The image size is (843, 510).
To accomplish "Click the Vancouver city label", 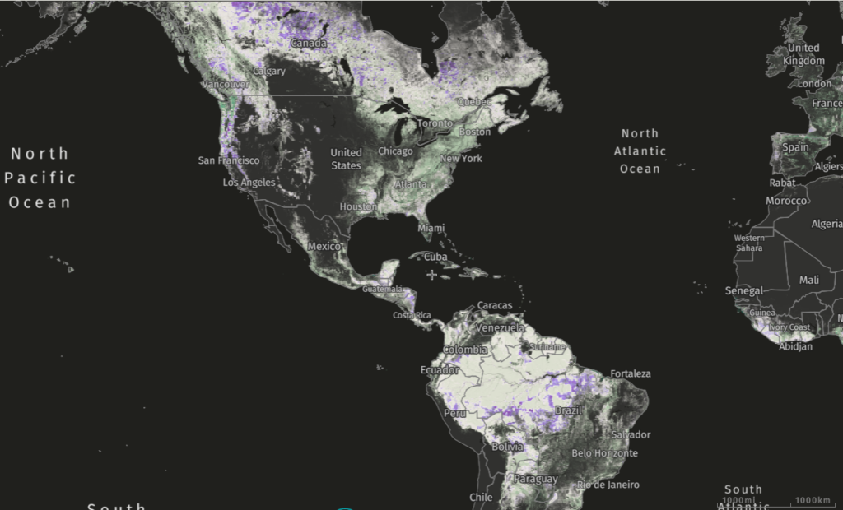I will pyautogui.click(x=225, y=84).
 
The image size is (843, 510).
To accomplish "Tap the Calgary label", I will pyautogui.click(x=270, y=71).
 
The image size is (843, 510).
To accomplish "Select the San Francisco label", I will pyautogui.click(x=229, y=160).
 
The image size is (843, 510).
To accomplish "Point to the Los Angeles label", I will pyautogui.click(x=249, y=182).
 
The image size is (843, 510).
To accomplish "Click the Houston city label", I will pyautogui.click(x=358, y=206).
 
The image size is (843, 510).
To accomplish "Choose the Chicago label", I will pyautogui.click(x=395, y=151).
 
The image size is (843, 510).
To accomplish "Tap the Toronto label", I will pyautogui.click(x=435, y=123).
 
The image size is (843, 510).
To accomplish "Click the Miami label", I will pyautogui.click(x=431, y=227).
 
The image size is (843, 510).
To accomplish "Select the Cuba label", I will pyautogui.click(x=435, y=257).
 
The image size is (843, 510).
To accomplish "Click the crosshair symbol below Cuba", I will pyautogui.click(x=431, y=275).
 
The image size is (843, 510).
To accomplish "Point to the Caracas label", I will pyautogui.click(x=495, y=305).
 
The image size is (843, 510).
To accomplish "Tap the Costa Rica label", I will pyautogui.click(x=412, y=316).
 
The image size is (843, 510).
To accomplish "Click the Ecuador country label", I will pyautogui.click(x=438, y=370).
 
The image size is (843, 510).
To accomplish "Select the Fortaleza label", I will pyautogui.click(x=631, y=373).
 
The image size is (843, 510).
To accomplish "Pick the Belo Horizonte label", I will pyautogui.click(x=604, y=453).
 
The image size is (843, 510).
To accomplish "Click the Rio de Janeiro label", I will pyautogui.click(x=608, y=484).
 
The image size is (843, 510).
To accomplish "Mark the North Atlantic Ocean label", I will pyautogui.click(x=640, y=151).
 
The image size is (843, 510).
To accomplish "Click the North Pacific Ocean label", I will pyautogui.click(x=40, y=177).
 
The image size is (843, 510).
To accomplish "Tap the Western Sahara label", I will pyautogui.click(x=748, y=243).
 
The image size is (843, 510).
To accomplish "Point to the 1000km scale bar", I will pyautogui.click(x=813, y=501).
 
